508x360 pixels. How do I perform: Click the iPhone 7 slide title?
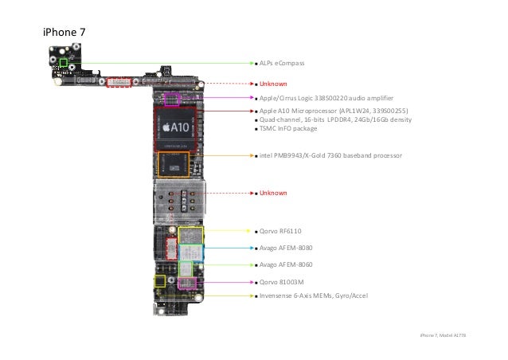pos(64,33)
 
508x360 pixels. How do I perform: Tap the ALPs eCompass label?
pos(282,62)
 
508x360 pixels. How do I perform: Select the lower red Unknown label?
pos(272,194)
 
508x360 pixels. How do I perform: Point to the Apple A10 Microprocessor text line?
pos(334,111)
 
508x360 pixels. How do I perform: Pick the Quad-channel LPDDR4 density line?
pos(335,119)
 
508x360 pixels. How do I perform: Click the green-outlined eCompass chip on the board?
pos(63,62)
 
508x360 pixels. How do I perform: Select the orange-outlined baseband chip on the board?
pos(174,165)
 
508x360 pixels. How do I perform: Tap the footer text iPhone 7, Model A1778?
pos(442,336)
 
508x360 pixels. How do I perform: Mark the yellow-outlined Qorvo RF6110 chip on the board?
pos(191,235)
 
